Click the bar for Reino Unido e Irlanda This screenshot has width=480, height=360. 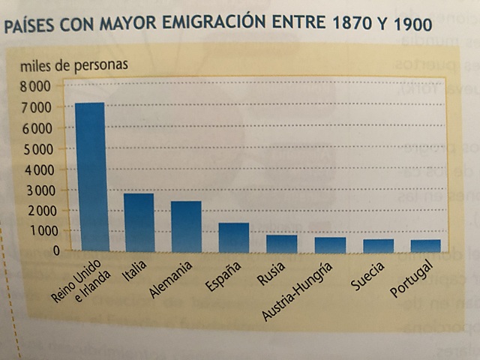click(90, 177)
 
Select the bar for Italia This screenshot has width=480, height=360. click(139, 223)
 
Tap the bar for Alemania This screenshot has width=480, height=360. click(186, 226)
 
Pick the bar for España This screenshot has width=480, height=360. click(233, 237)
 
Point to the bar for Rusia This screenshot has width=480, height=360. click(281, 244)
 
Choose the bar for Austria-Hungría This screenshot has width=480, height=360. click(329, 245)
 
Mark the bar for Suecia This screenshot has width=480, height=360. click(377, 246)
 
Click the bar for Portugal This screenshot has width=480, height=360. click(425, 246)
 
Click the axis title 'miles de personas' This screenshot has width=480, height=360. click(73, 64)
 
